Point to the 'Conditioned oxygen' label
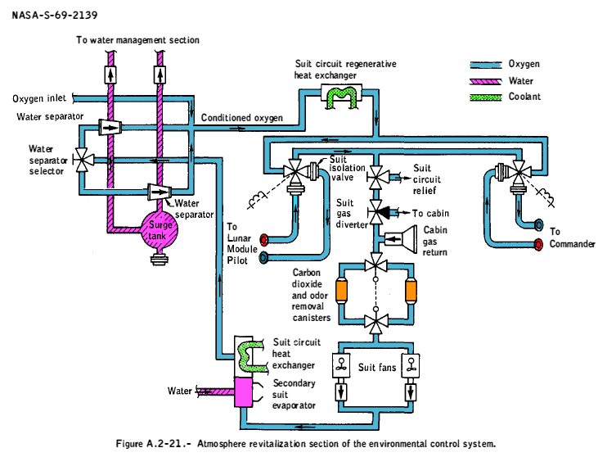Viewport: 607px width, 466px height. pos(242,118)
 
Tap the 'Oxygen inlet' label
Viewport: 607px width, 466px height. pos(39,99)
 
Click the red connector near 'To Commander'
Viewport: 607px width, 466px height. pos(537,243)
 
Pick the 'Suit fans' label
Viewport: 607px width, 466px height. pos(377,368)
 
